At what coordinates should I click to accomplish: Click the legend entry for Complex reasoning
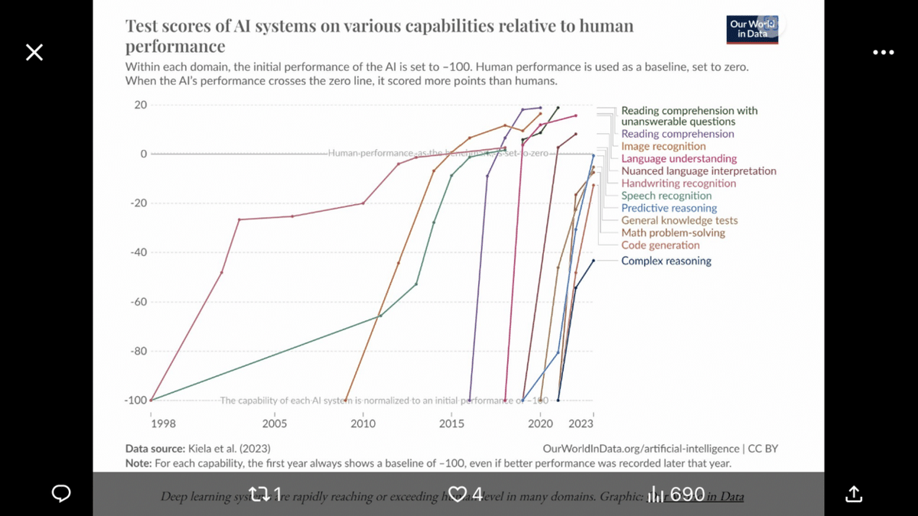[666, 261]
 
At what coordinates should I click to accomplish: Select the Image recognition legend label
[663, 146]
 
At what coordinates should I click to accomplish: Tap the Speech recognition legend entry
[666, 196]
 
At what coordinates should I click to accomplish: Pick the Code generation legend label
[660, 245]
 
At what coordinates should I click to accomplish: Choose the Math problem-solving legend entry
[673, 232]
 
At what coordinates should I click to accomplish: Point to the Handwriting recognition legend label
[679, 183]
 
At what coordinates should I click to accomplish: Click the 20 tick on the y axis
[141, 105]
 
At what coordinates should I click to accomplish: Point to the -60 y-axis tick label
[138, 302]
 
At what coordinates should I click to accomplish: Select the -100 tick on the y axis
[135, 400]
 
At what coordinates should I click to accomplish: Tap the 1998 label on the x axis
[163, 424]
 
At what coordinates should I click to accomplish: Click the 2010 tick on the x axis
[363, 424]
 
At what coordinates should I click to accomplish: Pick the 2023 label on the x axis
[581, 424]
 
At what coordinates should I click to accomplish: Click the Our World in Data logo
[753, 28]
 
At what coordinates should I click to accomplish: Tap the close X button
[34, 52]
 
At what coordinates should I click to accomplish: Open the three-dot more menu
[883, 52]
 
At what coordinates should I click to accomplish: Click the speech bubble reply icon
[61, 495]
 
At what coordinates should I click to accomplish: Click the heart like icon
[458, 494]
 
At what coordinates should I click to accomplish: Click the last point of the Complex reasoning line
[593, 261]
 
